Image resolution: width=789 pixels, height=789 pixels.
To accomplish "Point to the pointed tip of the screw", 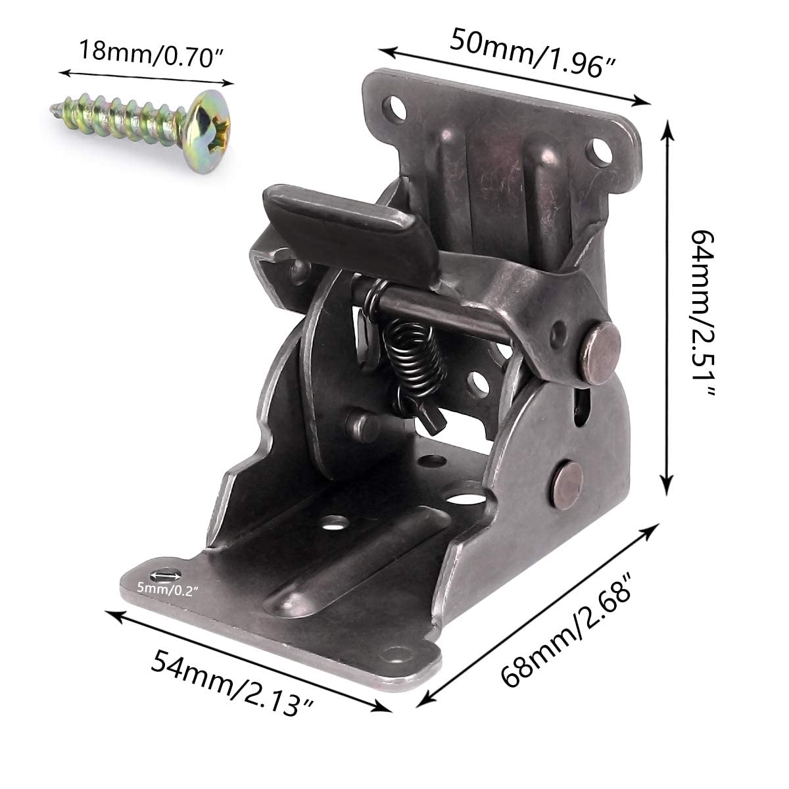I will tap(55, 108).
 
